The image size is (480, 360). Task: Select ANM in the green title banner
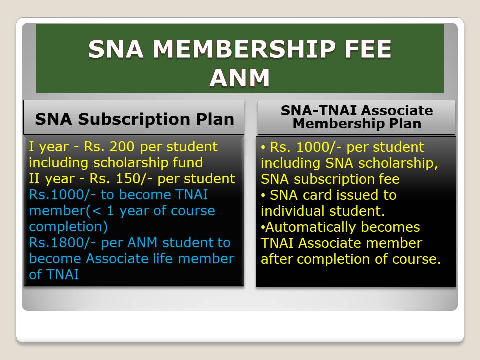point(239,78)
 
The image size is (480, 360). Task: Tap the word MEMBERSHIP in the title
point(244,49)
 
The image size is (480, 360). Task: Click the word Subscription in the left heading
point(134,119)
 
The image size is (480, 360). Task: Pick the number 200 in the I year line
point(122,147)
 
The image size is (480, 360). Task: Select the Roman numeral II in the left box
point(34,179)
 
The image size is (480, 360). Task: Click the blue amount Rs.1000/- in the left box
point(62,195)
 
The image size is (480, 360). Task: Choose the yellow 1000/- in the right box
point(319,147)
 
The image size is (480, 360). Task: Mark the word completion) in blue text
point(68,227)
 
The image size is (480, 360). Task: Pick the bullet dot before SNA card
point(263,196)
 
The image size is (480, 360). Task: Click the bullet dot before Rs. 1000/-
point(263,148)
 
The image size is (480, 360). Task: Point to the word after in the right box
point(276,259)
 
